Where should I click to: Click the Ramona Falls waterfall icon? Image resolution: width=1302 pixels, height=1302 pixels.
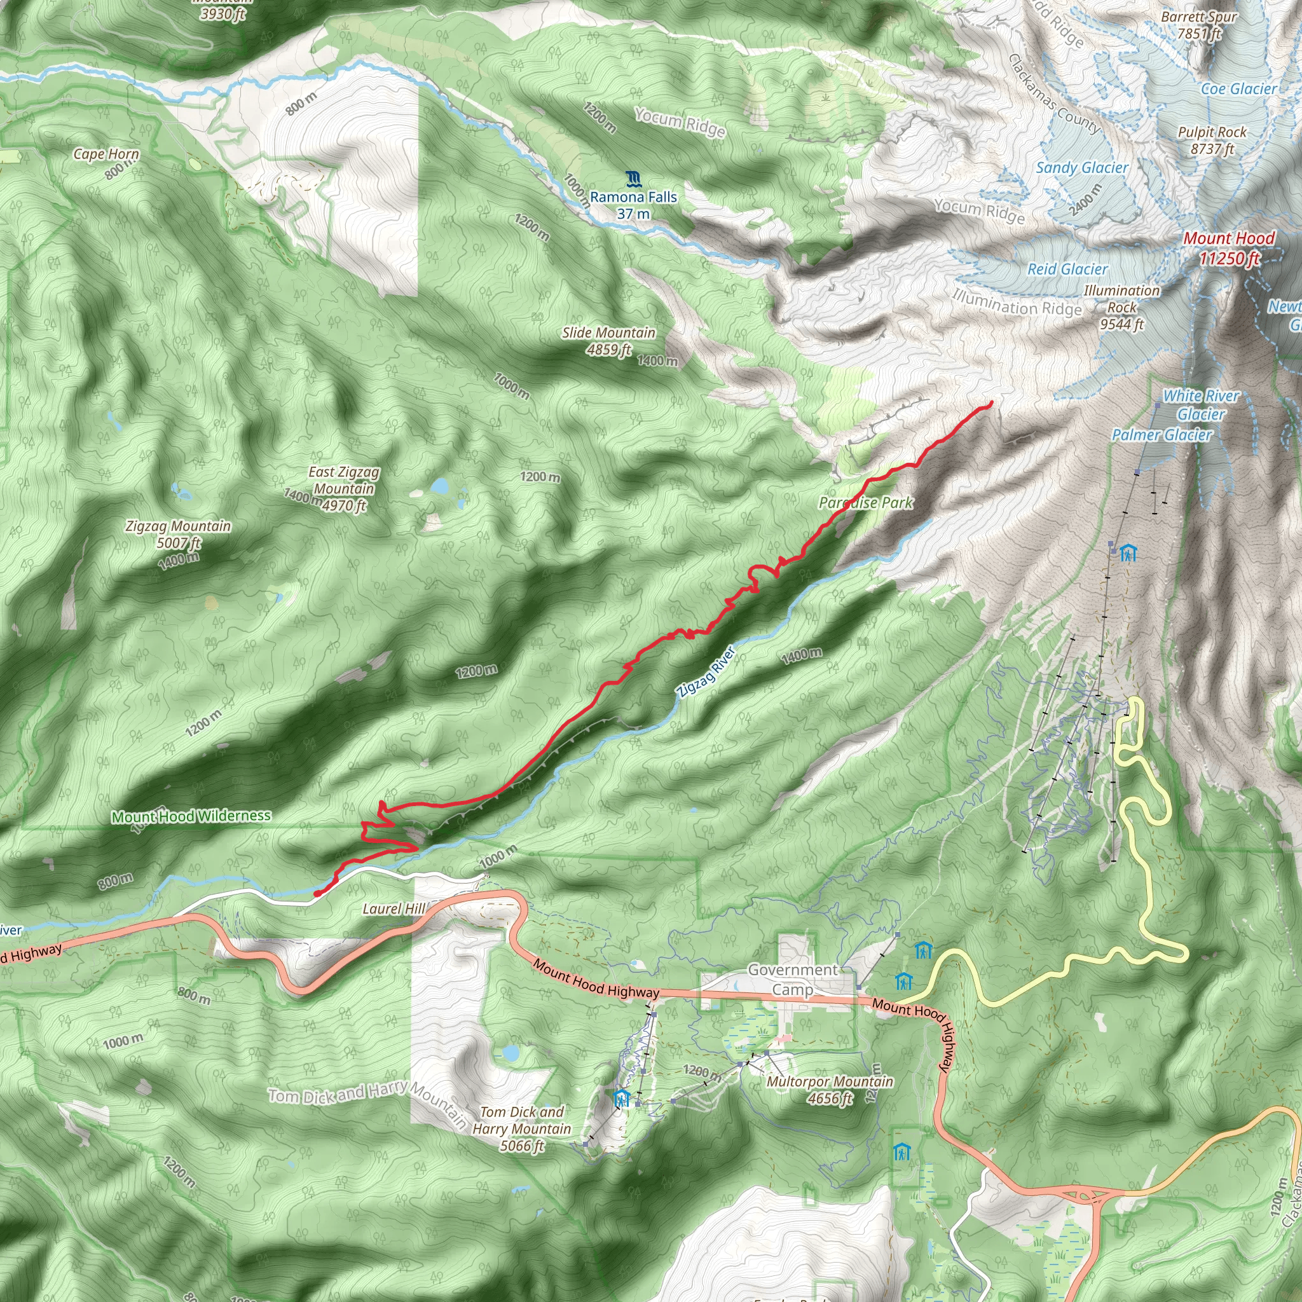[x=633, y=179]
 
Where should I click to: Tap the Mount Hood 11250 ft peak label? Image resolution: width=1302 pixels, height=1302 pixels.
[x=1228, y=247]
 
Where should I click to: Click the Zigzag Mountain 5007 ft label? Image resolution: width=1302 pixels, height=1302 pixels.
[x=178, y=534]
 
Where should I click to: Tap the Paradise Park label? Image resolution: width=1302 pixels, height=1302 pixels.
[x=865, y=503]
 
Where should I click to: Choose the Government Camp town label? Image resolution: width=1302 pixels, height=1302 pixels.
[x=793, y=979]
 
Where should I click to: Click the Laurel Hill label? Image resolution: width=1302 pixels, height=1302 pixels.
[x=394, y=909]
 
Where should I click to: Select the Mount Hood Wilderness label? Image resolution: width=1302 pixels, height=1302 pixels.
[x=191, y=816]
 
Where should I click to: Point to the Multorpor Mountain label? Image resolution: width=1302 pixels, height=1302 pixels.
[x=830, y=1089]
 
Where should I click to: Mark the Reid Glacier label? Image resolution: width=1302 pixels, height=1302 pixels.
[x=1067, y=269]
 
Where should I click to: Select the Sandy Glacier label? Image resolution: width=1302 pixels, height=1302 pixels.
[x=1081, y=168]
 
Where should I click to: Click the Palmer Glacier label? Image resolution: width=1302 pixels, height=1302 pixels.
[x=1162, y=435]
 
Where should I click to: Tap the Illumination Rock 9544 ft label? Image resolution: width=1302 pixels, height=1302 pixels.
[x=1122, y=307]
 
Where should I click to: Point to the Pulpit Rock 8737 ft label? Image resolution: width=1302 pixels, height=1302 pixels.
[x=1212, y=140]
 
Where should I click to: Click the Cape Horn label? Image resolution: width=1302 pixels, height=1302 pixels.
[x=106, y=154]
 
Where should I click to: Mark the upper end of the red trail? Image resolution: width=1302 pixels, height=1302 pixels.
[x=990, y=403]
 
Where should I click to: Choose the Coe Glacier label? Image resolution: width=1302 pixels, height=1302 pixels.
[x=1238, y=89]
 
